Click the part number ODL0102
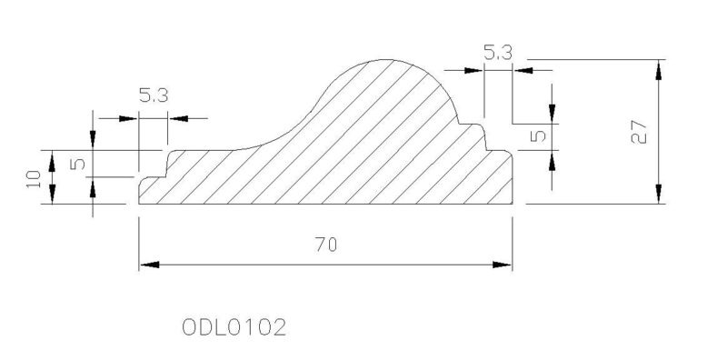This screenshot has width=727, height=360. (x=234, y=327)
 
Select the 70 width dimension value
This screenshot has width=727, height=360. (x=326, y=245)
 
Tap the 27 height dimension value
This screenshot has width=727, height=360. (x=639, y=133)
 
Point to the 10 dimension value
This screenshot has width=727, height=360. (x=34, y=178)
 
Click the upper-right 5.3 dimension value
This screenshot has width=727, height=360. (x=498, y=53)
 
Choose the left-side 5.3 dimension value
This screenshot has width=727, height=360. (x=154, y=95)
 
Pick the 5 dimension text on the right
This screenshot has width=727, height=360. (x=540, y=135)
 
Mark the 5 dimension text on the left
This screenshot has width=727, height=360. (x=78, y=164)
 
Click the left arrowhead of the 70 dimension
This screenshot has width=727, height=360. (x=149, y=265)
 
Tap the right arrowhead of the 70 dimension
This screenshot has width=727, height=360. (x=503, y=265)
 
